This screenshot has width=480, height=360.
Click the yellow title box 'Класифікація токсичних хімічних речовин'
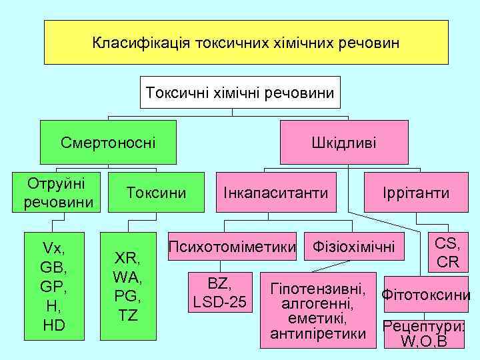[246, 43]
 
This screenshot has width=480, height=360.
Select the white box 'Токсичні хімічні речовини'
[240, 92]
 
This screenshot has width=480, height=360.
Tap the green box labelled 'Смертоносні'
[108, 142]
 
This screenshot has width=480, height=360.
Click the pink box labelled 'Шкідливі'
[343, 142]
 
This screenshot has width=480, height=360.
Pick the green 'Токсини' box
[156, 193]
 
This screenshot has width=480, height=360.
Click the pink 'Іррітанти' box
[416, 193]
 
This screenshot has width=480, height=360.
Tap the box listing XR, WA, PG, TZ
[128, 286]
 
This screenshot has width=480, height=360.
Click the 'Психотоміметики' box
[232, 247]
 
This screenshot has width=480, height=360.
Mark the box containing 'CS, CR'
[447, 252]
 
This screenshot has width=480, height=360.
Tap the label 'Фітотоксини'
[425, 294]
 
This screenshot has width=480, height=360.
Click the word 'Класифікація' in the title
[141, 43]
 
